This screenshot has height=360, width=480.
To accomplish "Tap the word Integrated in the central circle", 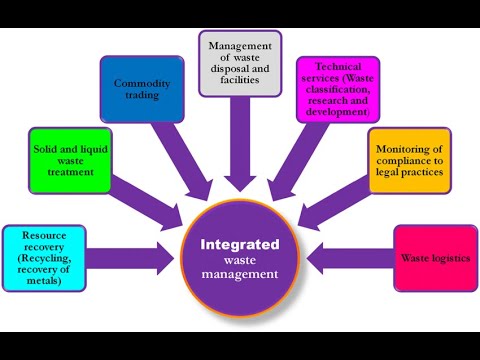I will click(241, 244).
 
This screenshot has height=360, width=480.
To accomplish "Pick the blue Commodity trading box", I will click(141, 87).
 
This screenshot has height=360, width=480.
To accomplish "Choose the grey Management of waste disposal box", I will click(240, 61).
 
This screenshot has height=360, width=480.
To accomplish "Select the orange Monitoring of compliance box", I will click(409, 159).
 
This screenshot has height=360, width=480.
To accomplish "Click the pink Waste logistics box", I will click(434, 258).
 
